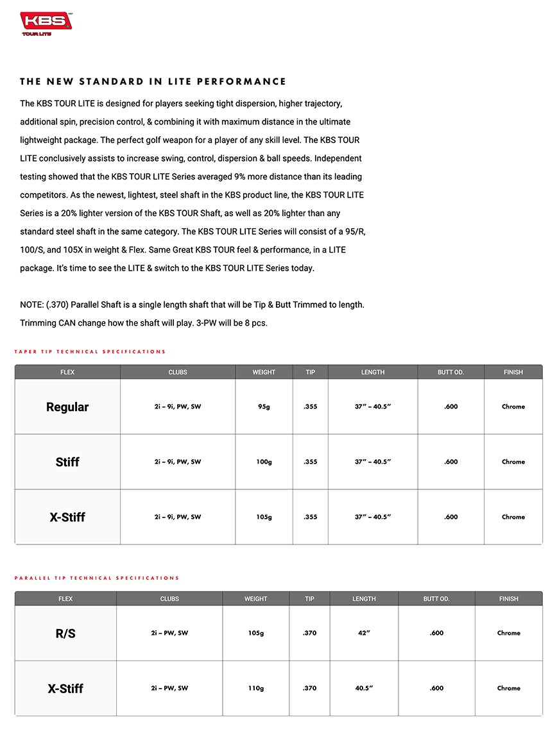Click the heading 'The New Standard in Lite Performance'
tap(153, 81)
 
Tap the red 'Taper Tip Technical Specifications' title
tap(90, 351)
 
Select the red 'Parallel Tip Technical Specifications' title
tap(97, 578)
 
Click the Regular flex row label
tap(67, 407)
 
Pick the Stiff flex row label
tap(67, 462)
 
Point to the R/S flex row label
tap(65, 633)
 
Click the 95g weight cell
tap(264, 407)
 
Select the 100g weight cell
tap(264, 462)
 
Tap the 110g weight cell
tap(255, 688)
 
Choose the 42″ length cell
tap(364, 633)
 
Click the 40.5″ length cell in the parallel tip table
tap(364, 688)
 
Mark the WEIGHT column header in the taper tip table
tap(264, 372)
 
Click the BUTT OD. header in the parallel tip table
tap(436, 599)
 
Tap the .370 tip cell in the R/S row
tap(309, 633)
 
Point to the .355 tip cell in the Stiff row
tap(310, 462)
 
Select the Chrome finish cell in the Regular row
tap(513, 407)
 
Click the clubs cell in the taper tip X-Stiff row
tap(177, 517)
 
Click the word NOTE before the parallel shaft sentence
tap(31, 305)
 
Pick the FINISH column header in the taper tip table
tap(513, 372)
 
